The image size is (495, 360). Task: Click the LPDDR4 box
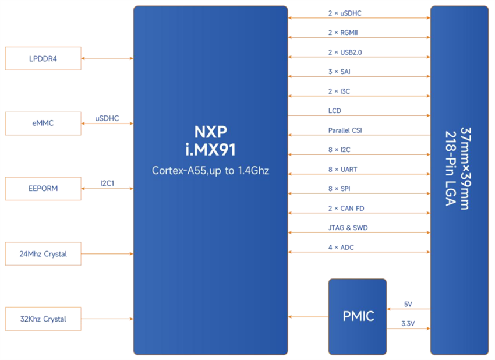pos(43,58)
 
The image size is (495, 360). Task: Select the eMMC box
pos(43,123)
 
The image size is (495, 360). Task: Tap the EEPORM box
pos(43,189)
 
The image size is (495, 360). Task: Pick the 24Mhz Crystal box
pos(43,254)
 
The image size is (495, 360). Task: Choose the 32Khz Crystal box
pos(43,319)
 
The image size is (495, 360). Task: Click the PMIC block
pos(358,317)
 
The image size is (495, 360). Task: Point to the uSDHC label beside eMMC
pos(107,118)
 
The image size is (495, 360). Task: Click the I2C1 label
pos(107,183)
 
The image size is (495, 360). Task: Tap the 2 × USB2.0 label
pos(341,52)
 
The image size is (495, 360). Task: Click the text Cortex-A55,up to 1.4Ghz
pos(210,171)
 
